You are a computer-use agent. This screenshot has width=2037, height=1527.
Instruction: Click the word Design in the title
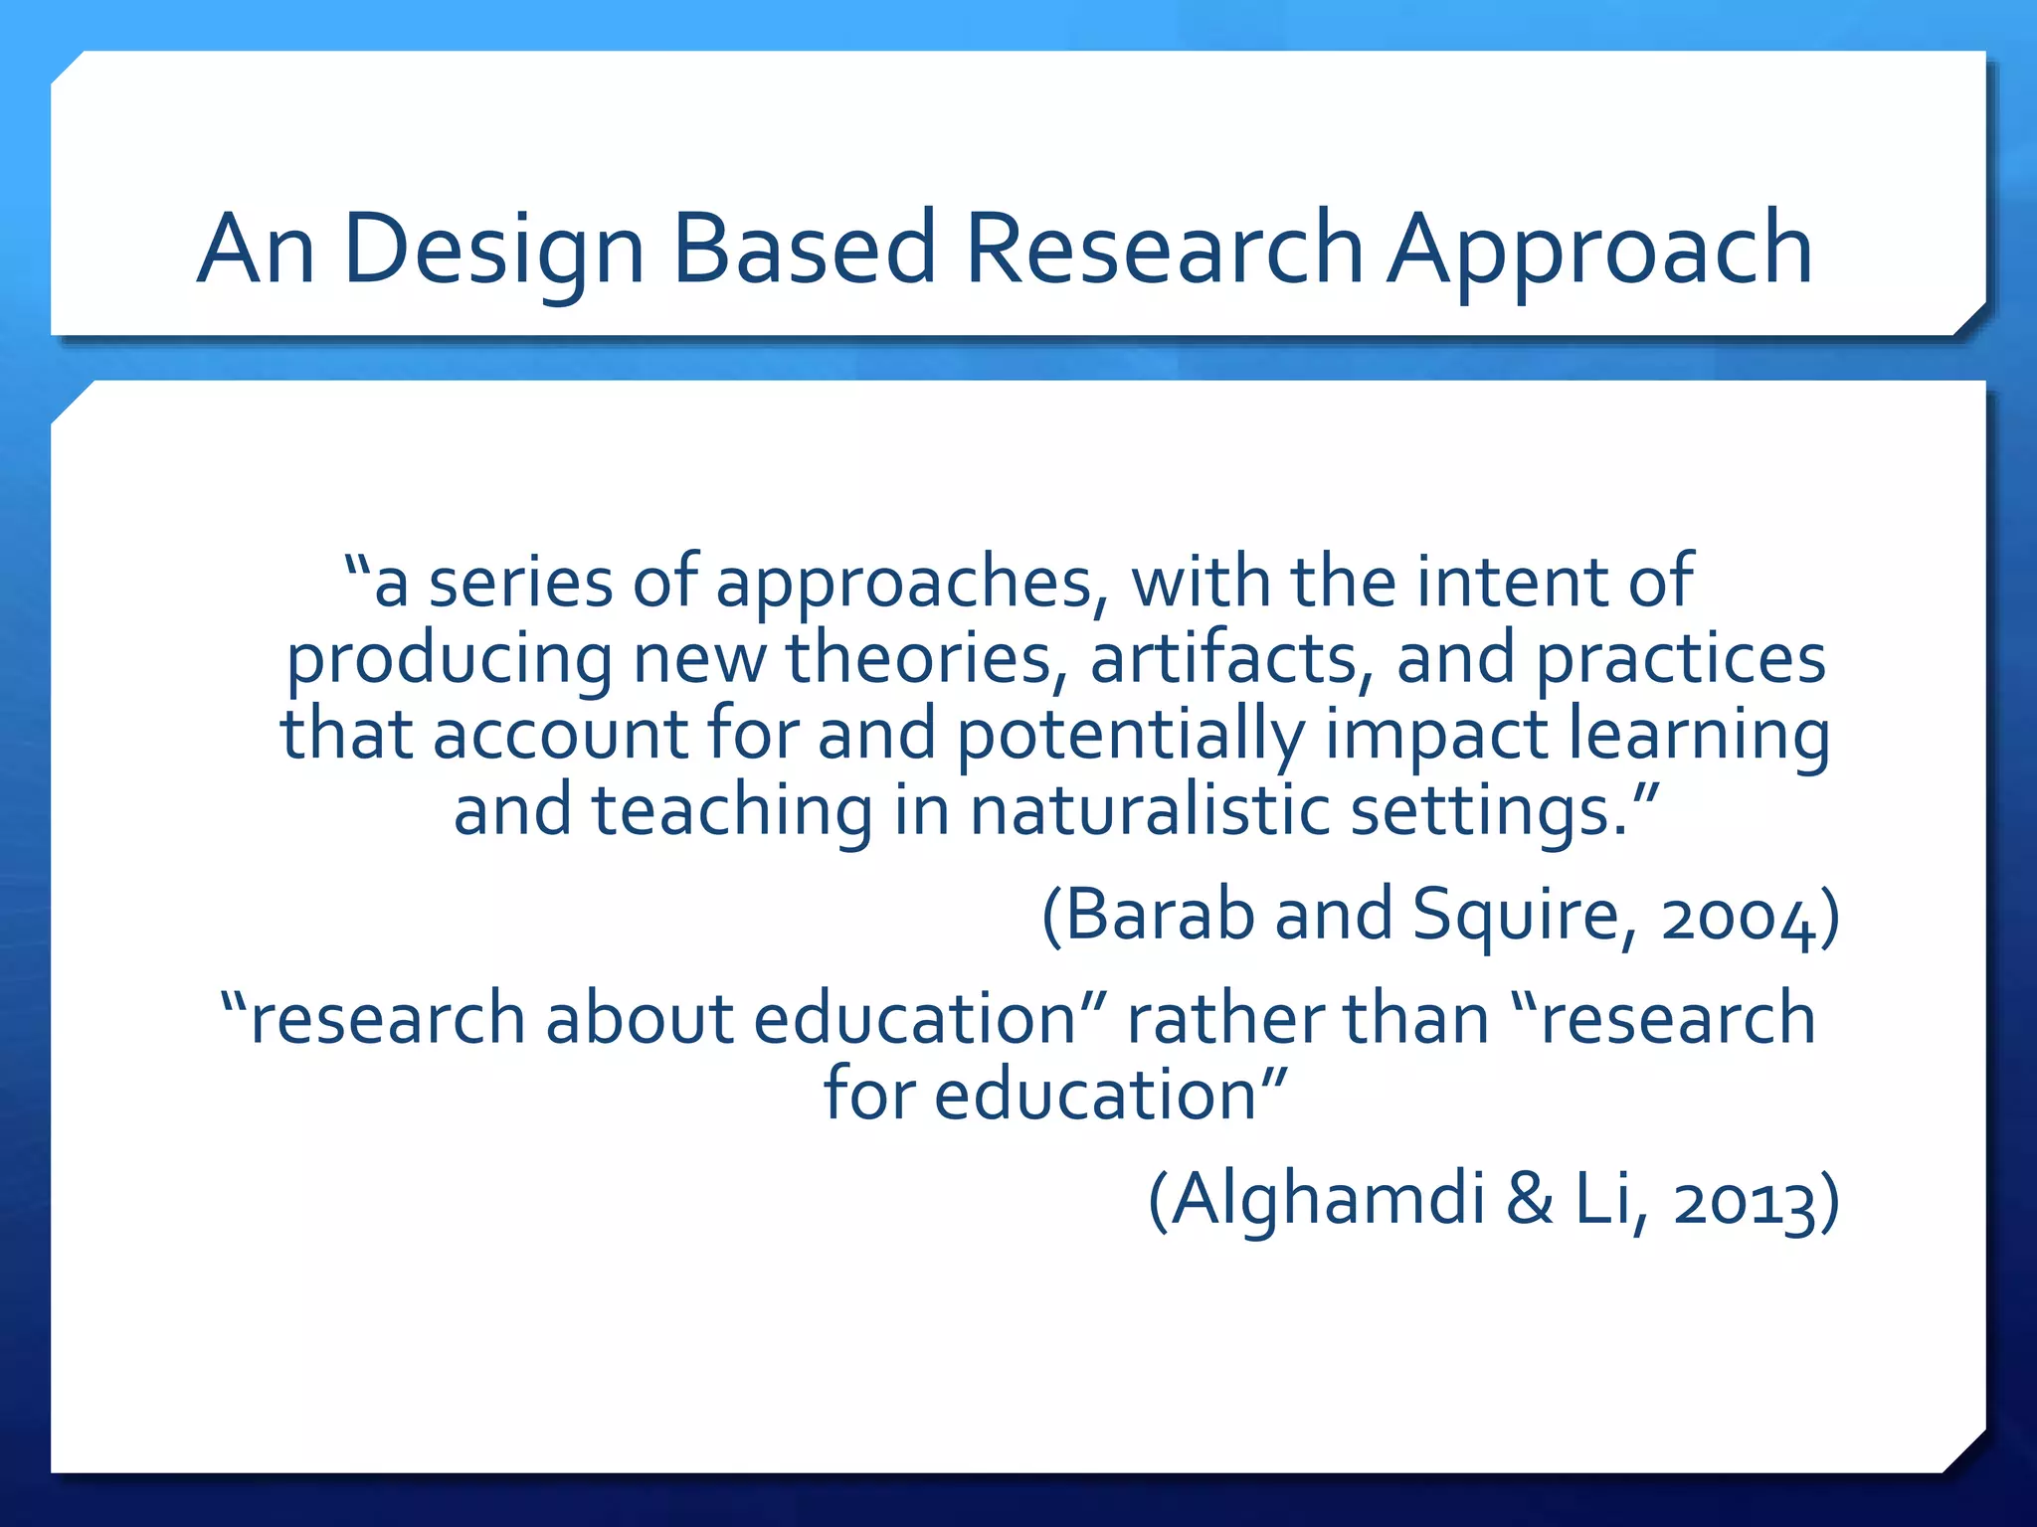(x=494, y=250)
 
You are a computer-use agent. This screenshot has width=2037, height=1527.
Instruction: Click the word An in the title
(x=256, y=250)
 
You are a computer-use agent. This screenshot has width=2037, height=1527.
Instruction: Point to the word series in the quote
(x=519, y=583)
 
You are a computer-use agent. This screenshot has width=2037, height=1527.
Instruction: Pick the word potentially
(x=1130, y=736)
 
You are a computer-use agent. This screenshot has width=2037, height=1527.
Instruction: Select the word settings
(x=1488, y=811)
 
